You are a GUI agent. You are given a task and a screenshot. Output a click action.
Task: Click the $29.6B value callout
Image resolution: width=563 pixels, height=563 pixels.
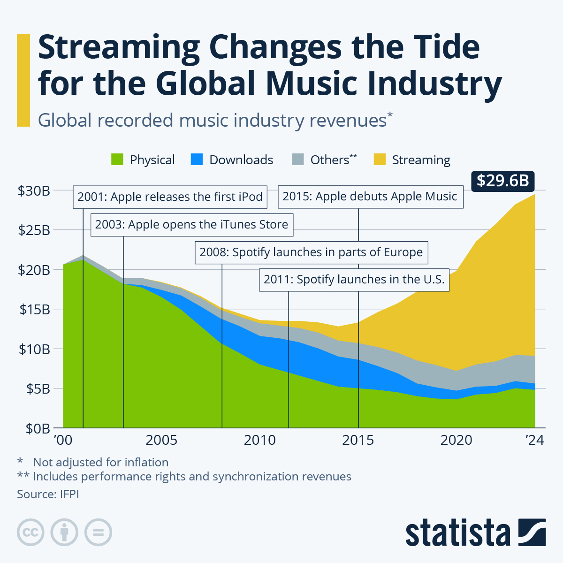click(x=503, y=181)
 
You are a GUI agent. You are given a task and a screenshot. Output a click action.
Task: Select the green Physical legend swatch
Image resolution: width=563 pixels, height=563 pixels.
click(x=117, y=160)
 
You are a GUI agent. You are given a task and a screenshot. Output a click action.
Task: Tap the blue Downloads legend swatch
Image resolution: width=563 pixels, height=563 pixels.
click(x=197, y=160)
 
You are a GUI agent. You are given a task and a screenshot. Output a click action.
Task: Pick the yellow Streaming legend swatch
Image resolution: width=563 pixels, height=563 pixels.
click(x=380, y=160)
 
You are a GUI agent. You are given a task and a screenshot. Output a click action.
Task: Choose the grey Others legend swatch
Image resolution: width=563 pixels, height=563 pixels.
click(x=298, y=160)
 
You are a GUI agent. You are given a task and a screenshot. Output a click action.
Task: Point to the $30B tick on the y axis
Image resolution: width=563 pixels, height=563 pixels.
click(x=34, y=190)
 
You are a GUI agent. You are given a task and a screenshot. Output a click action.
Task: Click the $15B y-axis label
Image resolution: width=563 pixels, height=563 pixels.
click(x=34, y=309)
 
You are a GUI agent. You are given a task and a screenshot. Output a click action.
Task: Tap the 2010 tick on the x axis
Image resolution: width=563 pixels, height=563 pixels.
click(x=260, y=440)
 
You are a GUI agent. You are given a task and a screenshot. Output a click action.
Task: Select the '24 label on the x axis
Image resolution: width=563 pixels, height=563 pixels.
click(x=534, y=440)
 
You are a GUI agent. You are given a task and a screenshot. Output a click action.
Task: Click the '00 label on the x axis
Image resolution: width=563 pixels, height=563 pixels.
click(x=63, y=440)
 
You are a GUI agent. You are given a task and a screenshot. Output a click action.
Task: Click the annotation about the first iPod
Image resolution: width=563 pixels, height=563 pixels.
click(x=170, y=197)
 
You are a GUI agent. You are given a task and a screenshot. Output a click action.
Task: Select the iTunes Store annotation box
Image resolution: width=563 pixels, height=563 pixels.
click(x=191, y=224)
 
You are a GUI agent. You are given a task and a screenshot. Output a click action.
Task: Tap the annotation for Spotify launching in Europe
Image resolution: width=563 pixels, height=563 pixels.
click(x=311, y=252)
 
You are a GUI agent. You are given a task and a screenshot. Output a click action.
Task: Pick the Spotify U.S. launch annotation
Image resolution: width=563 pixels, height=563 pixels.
click(x=354, y=280)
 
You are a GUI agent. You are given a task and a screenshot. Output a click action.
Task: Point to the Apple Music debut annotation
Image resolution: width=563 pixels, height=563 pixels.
click(x=370, y=196)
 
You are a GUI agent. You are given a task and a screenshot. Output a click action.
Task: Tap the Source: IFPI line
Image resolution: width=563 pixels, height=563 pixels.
click(x=48, y=494)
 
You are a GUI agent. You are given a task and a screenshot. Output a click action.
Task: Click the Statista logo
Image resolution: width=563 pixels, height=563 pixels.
click(x=475, y=533)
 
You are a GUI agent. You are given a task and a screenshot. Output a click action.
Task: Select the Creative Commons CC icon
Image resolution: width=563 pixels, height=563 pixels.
click(x=30, y=533)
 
